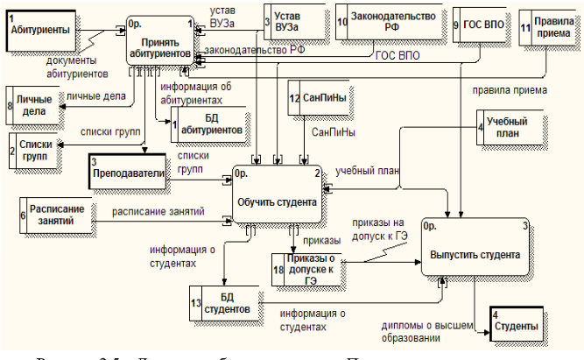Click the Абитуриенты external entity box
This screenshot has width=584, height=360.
click(40, 30)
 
